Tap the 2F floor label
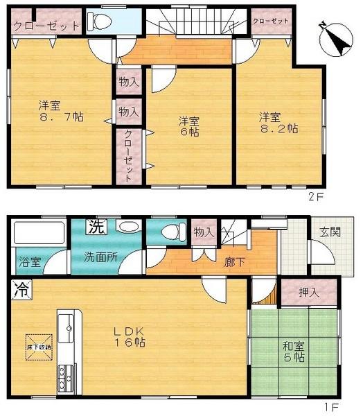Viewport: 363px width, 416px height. pos(316,197)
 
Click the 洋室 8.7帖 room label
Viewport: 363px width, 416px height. pos(60,112)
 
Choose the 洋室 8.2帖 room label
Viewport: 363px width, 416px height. pos(278,122)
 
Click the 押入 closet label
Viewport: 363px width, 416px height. pos(309,293)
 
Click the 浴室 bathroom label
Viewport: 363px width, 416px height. pos(29,263)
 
